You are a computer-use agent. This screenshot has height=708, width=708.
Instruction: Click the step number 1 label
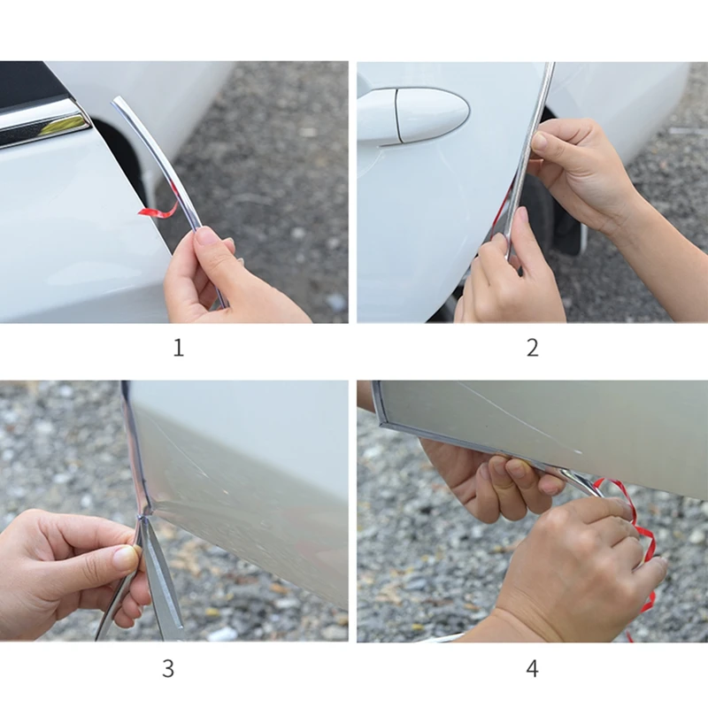coord(179,348)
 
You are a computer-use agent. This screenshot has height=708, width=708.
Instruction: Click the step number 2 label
coord(533,348)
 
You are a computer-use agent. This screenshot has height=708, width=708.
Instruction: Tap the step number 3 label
coord(168,668)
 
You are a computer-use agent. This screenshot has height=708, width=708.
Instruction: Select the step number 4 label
coord(533,668)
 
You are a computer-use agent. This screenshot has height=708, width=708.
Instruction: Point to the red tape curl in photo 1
coord(158,211)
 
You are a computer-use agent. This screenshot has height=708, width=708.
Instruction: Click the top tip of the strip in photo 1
coord(116,100)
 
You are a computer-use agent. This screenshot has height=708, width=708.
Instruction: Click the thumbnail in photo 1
coord(204,236)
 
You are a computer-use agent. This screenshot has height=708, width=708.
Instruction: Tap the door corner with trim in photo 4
coord(381,424)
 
